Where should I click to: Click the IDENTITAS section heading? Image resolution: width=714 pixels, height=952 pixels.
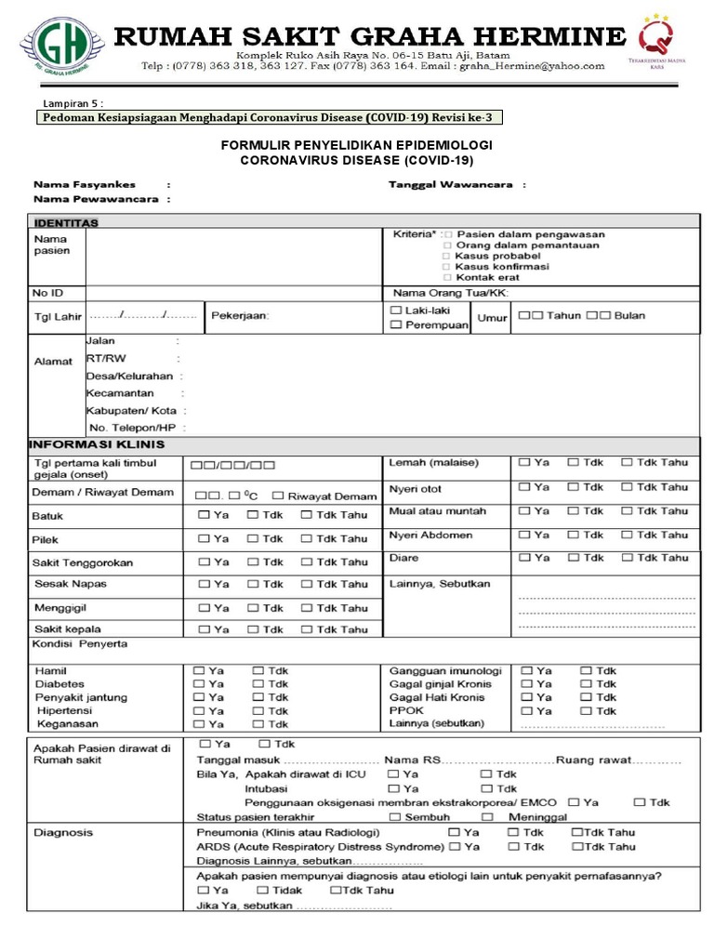pyautogui.click(x=66, y=223)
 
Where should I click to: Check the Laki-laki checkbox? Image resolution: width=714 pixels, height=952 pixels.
pyautogui.click(x=396, y=309)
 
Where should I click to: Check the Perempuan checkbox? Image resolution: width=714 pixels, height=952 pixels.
pyautogui.click(x=396, y=324)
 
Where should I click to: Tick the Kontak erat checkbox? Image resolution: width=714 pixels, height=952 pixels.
pyautogui.click(x=447, y=277)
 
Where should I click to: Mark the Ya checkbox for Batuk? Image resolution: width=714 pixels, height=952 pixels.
pyautogui.click(x=202, y=514)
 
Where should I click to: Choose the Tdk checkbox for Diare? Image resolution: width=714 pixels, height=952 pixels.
pyautogui.click(x=574, y=557)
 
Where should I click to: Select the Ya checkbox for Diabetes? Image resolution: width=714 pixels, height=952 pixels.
pyautogui.click(x=198, y=683)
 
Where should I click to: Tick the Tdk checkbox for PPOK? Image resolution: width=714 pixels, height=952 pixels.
pyautogui.click(x=586, y=710)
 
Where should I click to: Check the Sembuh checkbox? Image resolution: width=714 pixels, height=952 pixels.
pyautogui.click(x=394, y=816)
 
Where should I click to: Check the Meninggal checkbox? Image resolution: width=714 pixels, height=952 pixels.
pyautogui.click(x=487, y=816)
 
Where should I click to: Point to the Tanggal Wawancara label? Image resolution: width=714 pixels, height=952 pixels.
pyautogui.click(x=451, y=185)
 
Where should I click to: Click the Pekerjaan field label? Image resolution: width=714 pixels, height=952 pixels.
pyautogui.click(x=240, y=316)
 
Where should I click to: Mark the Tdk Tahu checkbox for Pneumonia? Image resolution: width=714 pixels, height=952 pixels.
pyautogui.click(x=576, y=832)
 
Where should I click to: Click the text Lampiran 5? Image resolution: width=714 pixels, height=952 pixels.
pyautogui.click(x=73, y=102)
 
